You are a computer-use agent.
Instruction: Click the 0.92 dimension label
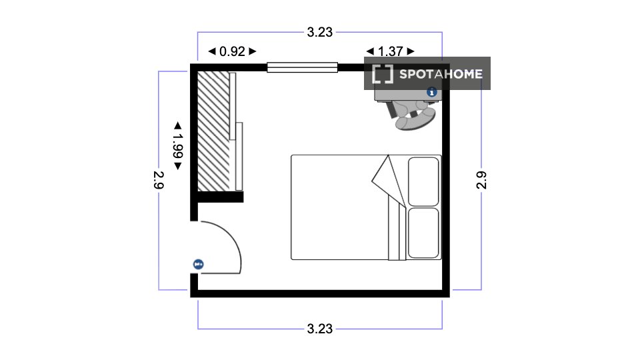(x=232, y=51)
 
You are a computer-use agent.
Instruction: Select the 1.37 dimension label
(x=390, y=51)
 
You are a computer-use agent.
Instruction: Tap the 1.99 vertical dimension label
(x=177, y=146)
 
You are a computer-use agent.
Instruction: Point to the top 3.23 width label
(x=319, y=32)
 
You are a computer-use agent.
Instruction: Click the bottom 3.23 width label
(x=319, y=329)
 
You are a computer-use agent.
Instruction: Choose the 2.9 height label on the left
(x=159, y=180)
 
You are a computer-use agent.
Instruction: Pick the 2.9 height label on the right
(x=481, y=180)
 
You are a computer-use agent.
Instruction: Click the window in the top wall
(x=302, y=67)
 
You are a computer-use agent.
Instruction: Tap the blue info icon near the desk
(x=431, y=92)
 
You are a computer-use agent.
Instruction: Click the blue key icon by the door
(x=199, y=265)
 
